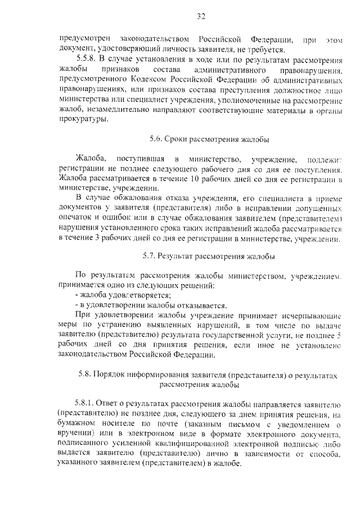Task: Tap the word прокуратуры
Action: click(81, 120)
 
